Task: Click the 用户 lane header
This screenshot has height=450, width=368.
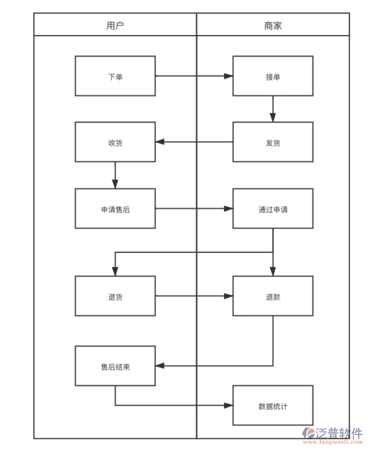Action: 115,25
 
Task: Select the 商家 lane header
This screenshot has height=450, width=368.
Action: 273,25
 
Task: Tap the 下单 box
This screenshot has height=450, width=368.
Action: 115,76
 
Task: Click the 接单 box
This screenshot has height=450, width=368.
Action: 273,76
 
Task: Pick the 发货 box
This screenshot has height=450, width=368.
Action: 273,142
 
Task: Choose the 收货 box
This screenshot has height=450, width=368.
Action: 115,142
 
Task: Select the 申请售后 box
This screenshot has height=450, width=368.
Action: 115,209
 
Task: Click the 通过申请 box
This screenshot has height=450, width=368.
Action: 273,209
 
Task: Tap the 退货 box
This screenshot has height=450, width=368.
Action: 115,296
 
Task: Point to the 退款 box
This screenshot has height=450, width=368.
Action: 273,296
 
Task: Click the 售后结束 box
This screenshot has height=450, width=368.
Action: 115,366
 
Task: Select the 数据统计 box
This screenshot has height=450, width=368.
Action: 273,406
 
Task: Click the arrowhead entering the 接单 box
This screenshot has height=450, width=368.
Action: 229,76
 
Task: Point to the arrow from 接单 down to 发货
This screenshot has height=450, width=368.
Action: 273,109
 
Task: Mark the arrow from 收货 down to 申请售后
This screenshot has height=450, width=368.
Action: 115,175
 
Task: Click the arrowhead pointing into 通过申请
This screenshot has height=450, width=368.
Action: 229,209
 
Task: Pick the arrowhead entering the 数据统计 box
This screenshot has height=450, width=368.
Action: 229,406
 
